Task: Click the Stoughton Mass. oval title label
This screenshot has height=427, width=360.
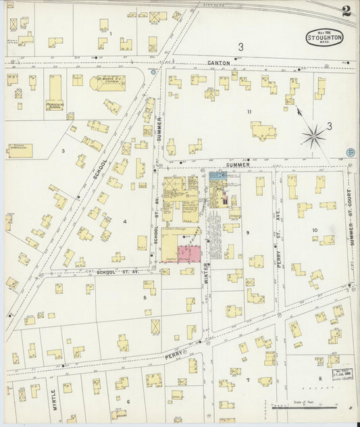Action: pyautogui.click(x=325, y=37)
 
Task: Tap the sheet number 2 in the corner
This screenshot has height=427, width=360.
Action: pyautogui.click(x=346, y=11)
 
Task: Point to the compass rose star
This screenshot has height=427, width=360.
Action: pyautogui.click(x=313, y=137)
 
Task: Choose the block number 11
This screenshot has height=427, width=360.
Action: pyautogui.click(x=249, y=111)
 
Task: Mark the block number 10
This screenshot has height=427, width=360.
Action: pyautogui.click(x=315, y=230)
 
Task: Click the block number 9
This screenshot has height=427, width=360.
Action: pyautogui.click(x=248, y=232)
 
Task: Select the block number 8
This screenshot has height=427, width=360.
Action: pyautogui.click(x=320, y=379)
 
